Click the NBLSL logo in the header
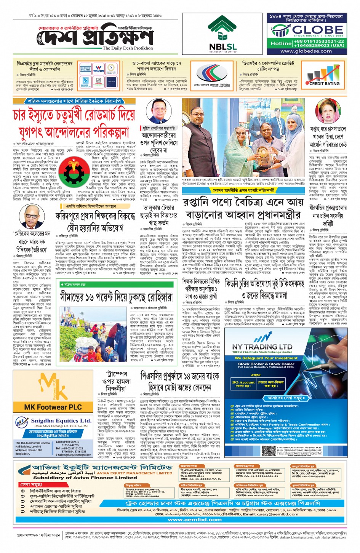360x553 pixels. click(x=223, y=35)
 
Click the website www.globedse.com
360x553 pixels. click(x=306, y=51)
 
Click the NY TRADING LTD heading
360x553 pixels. click(x=262, y=347)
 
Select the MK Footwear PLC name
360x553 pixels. click(x=53, y=407)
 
